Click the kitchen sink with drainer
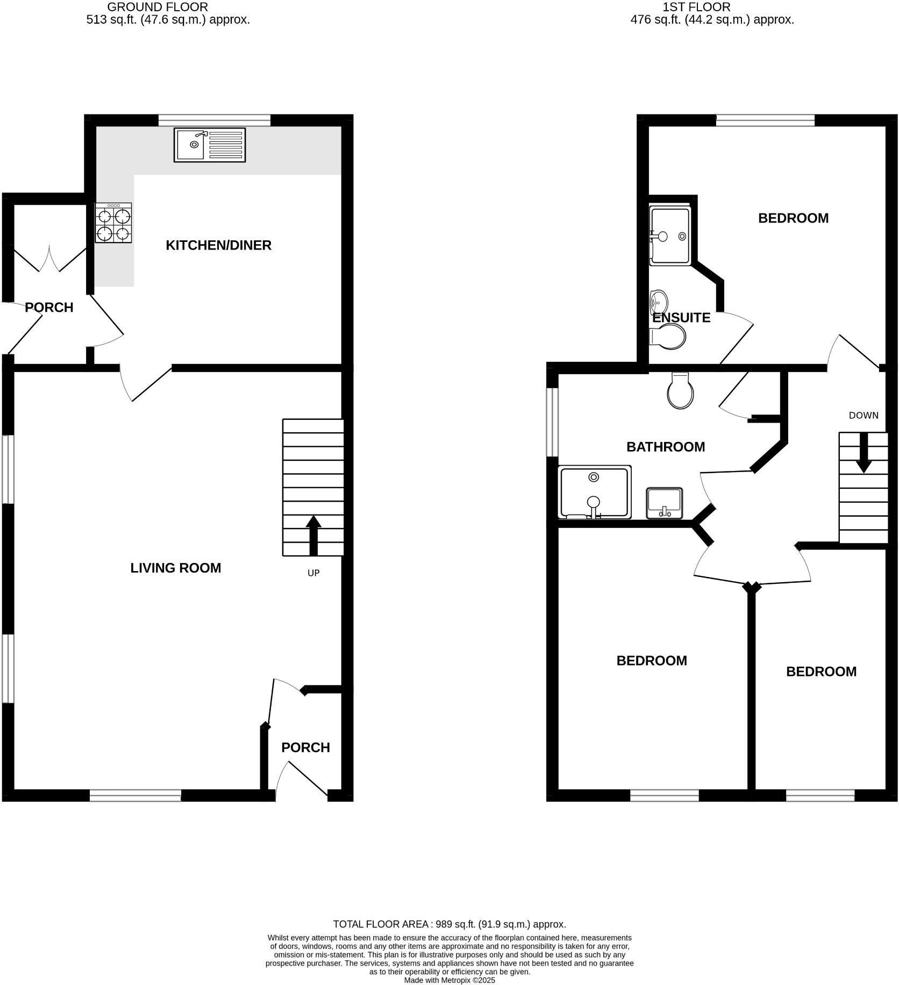(x=210, y=145)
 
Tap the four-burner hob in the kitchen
(x=113, y=223)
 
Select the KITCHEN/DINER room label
(x=218, y=245)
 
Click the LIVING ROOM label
(x=176, y=568)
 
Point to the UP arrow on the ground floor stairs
(x=313, y=536)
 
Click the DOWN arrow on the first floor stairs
(x=864, y=452)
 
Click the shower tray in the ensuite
(x=670, y=236)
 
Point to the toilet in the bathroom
(x=680, y=392)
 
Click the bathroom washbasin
(x=665, y=503)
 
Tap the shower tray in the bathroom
(x=594, y=492)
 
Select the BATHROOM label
(x=666, y=447)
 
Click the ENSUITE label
(x=681, y=318)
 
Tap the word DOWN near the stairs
(x=864, y=415)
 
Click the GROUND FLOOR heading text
(x=158, y=7)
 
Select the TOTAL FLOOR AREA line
(x=449, y=924)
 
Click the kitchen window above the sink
(x=214, y=120)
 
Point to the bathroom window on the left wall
(x=552, y=422)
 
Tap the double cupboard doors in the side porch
(x=49, y=259)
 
